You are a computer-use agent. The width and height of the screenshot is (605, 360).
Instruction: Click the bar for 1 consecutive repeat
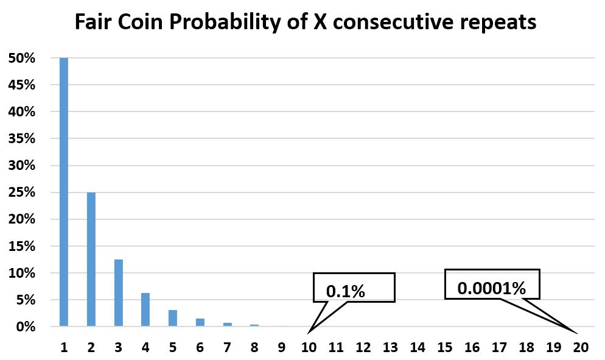point(64,192)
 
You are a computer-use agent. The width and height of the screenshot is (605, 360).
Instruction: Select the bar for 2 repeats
point(91,259)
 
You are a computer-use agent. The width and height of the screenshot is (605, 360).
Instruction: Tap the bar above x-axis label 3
point(118,292)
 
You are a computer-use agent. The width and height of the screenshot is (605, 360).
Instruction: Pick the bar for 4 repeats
point(145,309)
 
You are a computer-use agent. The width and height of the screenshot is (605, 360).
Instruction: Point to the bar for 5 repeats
point(173,318)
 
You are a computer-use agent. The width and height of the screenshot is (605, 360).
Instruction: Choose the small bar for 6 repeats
point(200,322)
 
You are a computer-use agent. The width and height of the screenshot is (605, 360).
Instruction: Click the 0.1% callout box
point(354,288)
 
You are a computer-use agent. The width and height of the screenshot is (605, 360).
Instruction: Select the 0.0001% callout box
point(492,284)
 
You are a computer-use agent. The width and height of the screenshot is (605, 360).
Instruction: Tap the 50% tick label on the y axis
point(21,58)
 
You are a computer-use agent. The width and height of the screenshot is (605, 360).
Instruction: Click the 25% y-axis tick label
point(21,192)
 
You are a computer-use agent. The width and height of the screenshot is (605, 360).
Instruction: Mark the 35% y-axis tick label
point(21,139)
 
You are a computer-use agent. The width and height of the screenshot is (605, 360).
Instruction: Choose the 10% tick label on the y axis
point(21,274)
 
